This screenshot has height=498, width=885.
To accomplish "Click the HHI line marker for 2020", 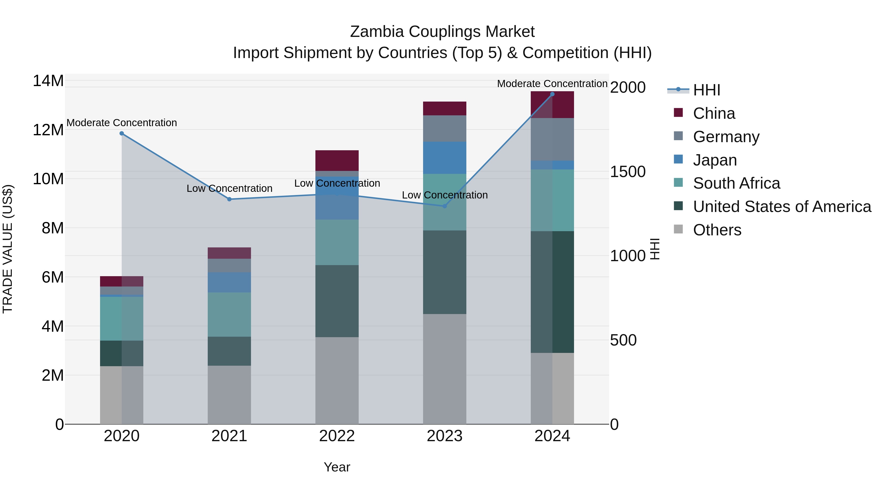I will pyautogui.click(x=122, y=133).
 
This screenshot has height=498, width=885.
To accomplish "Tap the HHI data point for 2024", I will pyautogui.click(x=552, y=94).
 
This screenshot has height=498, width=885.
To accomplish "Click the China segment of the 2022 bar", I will pyautogui.click(x=337, y=161).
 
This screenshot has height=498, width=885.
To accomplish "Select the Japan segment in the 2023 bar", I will pyautogui.click(x=444, y=158).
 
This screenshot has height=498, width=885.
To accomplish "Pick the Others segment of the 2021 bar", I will pyautogui.click(x=229, y=394).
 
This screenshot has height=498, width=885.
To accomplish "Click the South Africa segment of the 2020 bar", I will pyautogui.click(x=122, y=318).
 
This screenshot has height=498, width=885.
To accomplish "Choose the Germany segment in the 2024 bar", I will pyautogui.click(x=552, y=139).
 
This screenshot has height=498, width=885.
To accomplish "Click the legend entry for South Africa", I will pyautogui.click(x=736, y=183).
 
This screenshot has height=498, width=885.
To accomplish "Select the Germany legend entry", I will pyautogui.click(x=726, y=137).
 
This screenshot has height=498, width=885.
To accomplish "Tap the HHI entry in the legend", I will pyautogui.click(x=706, y=90).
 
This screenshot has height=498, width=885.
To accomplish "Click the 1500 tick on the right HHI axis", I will pyautogui.click(x=628, y=172).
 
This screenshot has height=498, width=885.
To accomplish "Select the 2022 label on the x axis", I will pyautogui.click(x=337, y=436).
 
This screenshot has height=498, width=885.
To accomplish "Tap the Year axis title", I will pyautogui.click(x=337, y=467).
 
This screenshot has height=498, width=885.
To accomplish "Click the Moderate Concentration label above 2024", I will pyautogui.click(x=552, y=84).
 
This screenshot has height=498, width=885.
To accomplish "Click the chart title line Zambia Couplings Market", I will pyautogui.click(x=442, y=32).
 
